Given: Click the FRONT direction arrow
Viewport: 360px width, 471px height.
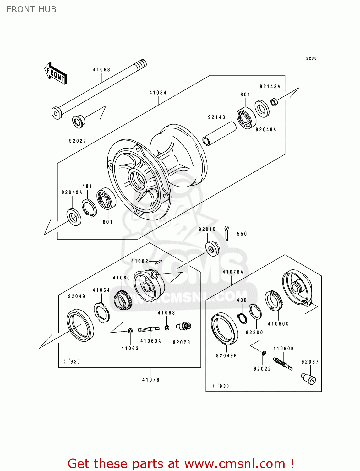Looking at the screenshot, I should pyautogui.click(x=56, y=73).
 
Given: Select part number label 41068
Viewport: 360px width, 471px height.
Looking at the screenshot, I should pyautogui.click(x=101, y=70).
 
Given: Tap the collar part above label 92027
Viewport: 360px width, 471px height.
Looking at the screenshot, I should pyautogui.click(x=78, y=121).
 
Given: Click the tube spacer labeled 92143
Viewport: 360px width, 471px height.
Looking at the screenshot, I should pyautogui.click(x=219, y=134).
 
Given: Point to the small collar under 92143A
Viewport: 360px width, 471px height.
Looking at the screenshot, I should pyautogui.click(x=274, y=102).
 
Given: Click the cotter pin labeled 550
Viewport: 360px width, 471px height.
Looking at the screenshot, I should pyautogui.click(x=227, y=233).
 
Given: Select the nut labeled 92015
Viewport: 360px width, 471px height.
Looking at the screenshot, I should pyautogui.click(x=212, y=248).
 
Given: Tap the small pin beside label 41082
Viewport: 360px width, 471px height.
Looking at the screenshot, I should pyautogui.click(x=158, y=262).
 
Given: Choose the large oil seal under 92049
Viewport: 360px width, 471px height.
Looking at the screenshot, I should pyautogui.click(x=80, y=325).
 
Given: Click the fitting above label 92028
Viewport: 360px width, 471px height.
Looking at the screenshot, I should pyautogui.click(x=183, y=327).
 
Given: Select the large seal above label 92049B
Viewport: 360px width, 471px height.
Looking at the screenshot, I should pyautogui.click(x=224, y=329).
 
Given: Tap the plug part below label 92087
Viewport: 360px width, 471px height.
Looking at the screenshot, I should pyautogui.click(x=309, y=378).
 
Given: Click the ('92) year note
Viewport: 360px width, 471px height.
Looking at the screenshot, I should pyautogui.click(x=72, y=361).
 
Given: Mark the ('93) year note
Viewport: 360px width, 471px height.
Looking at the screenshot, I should pyautogui.click(x=221, y=386).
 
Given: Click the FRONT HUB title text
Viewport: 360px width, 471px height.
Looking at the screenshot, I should pyautogui.click(x=31, y=9).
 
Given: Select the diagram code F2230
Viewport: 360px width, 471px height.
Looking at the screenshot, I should pyautogui.click(x=310, y=58).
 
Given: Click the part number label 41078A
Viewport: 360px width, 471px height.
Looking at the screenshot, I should pyautogui.click(x=233, y=272).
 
